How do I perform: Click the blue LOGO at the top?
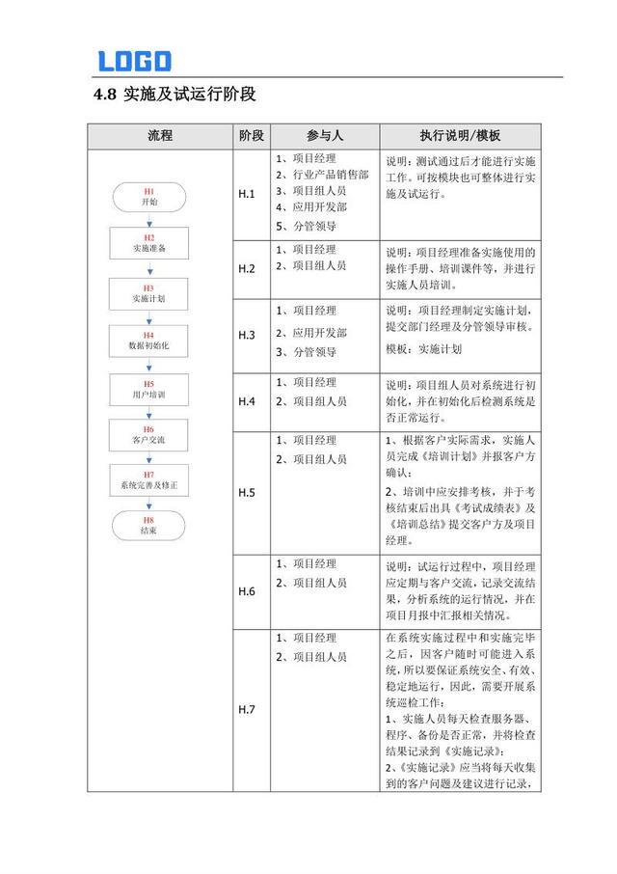[134, 61]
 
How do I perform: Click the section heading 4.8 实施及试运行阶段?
[174, 95]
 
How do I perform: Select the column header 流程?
[160, 136]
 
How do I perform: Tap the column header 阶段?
[251, 136]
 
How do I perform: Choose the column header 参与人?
[325, 136]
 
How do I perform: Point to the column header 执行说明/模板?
[461, 136]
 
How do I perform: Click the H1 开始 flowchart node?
[149, 198]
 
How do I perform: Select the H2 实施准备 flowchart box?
[149, 243]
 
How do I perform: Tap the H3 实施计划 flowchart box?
[149, 293]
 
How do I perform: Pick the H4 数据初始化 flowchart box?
[149, 340]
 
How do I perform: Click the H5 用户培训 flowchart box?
[149, 389]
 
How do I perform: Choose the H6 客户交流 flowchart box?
[149, 434]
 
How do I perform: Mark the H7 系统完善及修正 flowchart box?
[149, 479]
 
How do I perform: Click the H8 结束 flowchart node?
[149, 525]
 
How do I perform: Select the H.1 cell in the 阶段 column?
[247, 194]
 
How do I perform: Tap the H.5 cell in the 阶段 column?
[247, 492]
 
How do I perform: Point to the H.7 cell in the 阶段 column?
[247, 710]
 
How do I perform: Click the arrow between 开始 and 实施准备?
[149, 220]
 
